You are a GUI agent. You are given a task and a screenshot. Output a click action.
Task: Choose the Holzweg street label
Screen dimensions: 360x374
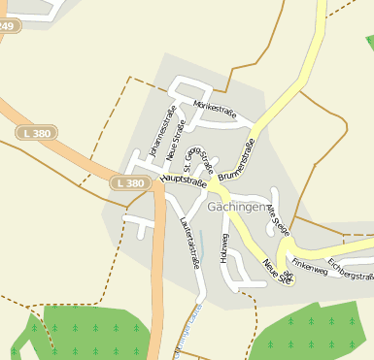(224, 248)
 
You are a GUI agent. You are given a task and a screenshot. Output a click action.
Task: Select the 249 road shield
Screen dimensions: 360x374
(7, 26)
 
